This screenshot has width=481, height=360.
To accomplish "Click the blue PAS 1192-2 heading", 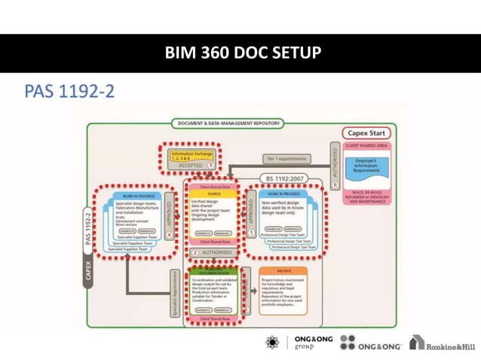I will tap(69, 92).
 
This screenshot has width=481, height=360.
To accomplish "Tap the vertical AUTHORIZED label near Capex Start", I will tap(335, 160).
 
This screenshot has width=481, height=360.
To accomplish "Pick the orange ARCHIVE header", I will tap(283, 270).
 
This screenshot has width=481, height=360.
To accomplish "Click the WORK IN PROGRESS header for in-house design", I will tap(283, 194).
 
